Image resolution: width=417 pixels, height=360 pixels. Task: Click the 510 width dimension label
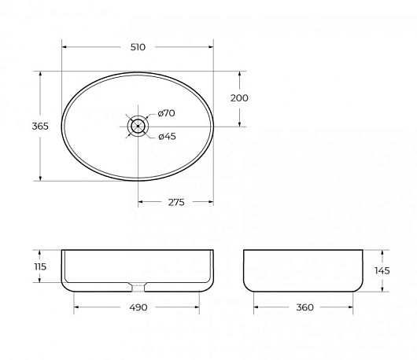pyautogui.click(x=138, y=47)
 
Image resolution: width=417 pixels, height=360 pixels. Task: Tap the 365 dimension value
pyautogui.click(x=40, y=126)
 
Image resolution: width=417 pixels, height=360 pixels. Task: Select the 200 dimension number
pyautogui.click(x=239, y=98)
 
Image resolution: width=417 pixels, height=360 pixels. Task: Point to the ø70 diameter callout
pyautogui.click(x=166, y=113)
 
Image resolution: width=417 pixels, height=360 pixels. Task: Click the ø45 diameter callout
pyautogui.click(x=167, y=136)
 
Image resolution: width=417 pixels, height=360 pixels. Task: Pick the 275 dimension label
pyautogui.click(x=176, y=202)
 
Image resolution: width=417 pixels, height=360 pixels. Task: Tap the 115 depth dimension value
pyautogui.click(x=40, y=266)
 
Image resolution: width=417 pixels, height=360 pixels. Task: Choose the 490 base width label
pyautogui.click(x=138, y=307)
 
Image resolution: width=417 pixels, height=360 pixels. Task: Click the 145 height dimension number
pyautogui.click(x=382, y=270)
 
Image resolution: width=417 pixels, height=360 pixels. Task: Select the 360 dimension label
pyautogui.click(x=304, y=307)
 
